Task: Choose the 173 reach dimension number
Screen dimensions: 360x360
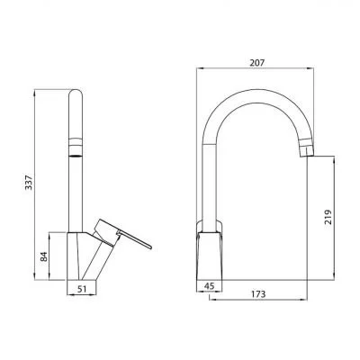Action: click(259, 295)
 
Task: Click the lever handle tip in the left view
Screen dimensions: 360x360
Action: click(151, 245)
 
